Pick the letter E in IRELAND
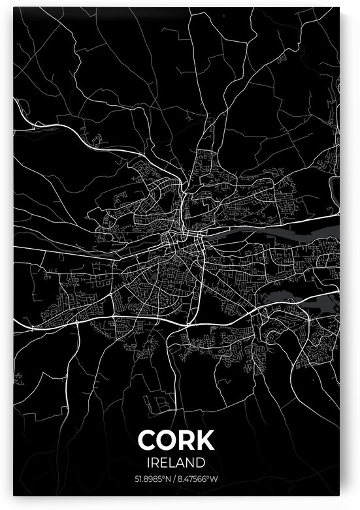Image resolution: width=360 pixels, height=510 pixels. (x=163, y=462)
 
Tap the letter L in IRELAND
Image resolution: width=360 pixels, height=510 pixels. (x=172, y=462)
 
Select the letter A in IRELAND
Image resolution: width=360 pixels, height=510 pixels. (x=182, y=462)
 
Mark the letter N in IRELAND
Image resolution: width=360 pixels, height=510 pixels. (x=193, y=462)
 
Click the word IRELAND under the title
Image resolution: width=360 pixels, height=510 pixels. (x=176, y=462)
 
